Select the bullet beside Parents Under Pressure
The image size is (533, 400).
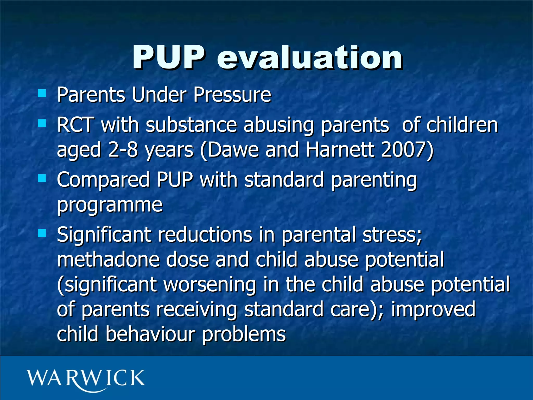42,93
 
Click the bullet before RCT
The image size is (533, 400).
42,123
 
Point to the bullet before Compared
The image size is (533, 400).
42,178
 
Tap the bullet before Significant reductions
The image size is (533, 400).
42,233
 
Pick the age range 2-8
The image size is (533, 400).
123,150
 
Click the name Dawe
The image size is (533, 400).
233,150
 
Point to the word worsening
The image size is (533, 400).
210,285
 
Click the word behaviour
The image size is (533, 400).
150,334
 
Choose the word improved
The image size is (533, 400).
433,309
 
